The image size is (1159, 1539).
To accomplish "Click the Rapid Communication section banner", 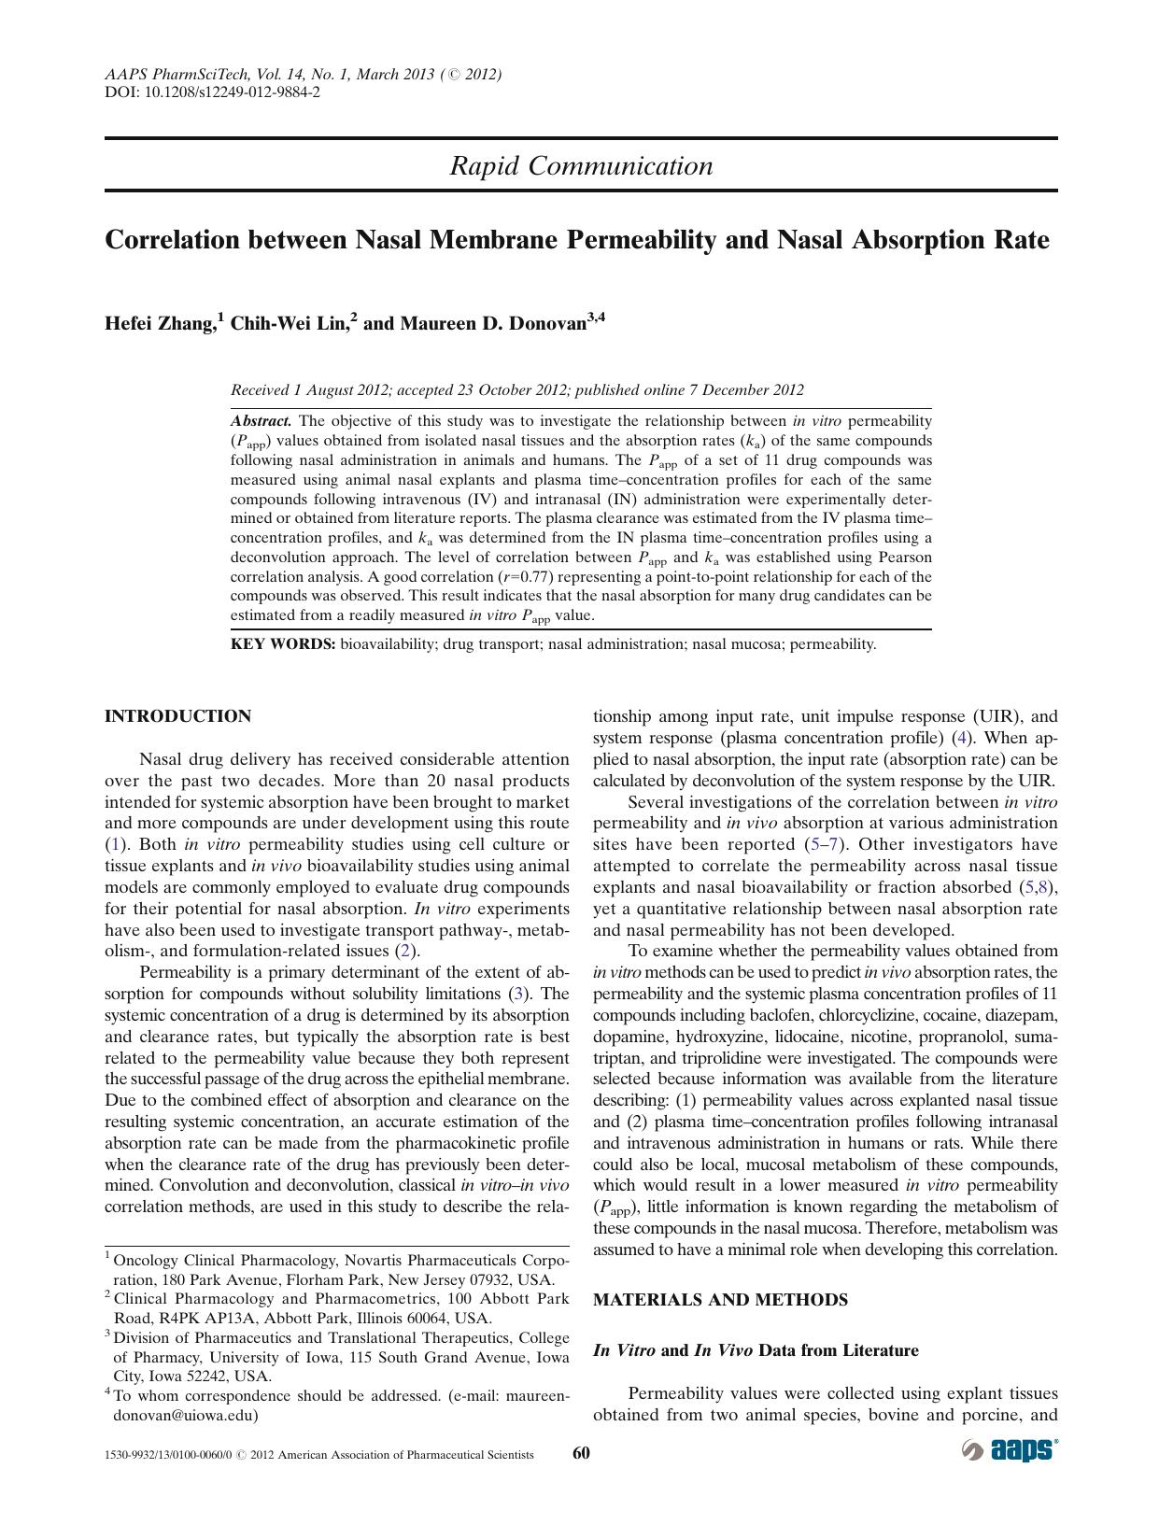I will click(581, 166).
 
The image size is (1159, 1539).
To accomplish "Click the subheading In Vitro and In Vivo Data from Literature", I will click(756, 1350).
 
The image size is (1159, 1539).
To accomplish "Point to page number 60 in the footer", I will click(581, 1453).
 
